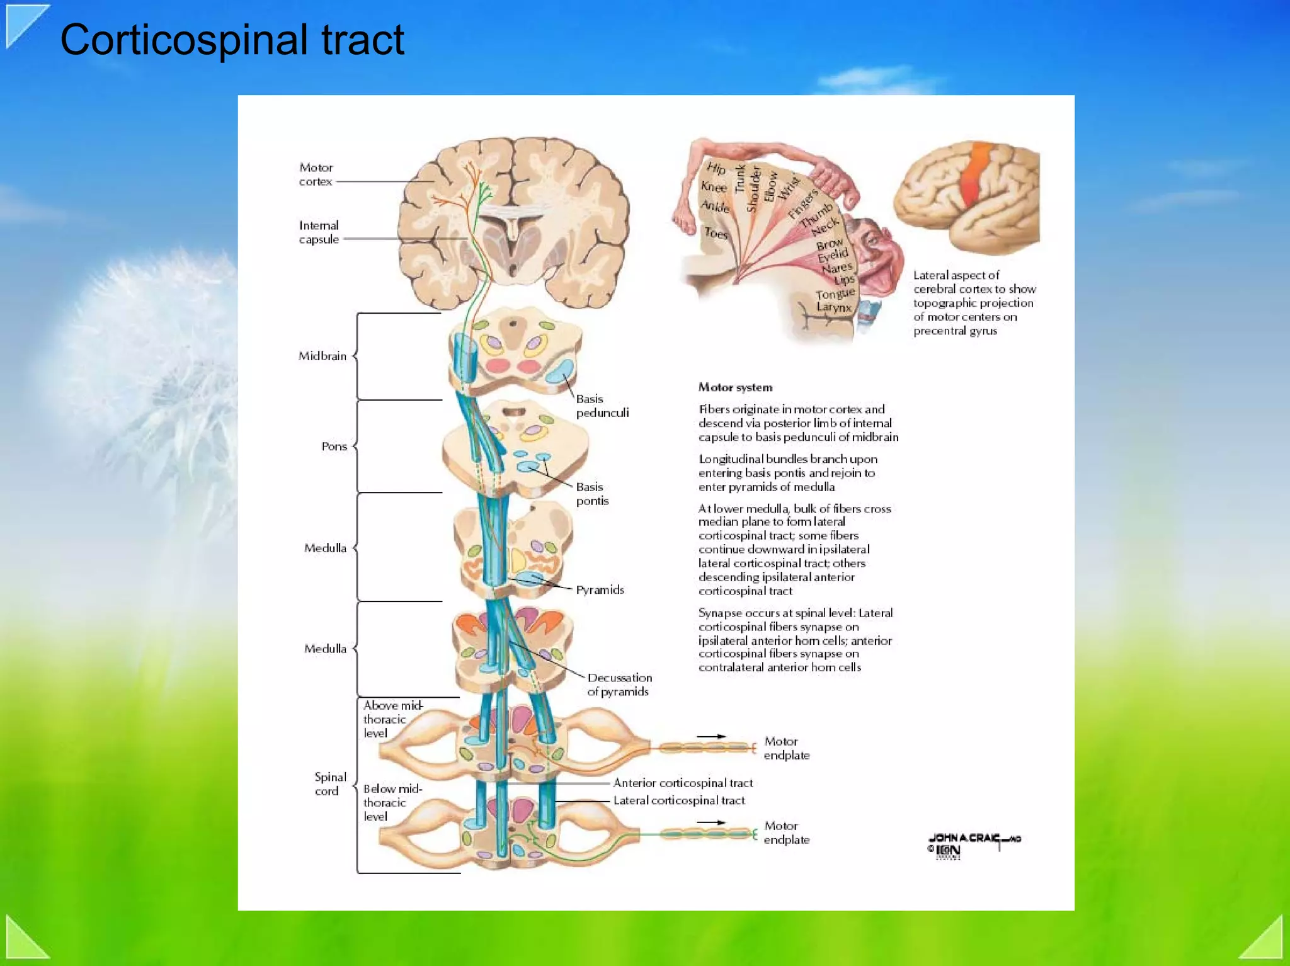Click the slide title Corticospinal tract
[232, 40]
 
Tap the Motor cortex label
[316, 174]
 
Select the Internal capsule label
[319, 232]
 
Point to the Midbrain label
[322, 356]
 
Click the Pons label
[334, 446]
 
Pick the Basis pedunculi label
[602, 406]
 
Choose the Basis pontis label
[592, 494]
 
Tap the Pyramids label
[600, 590]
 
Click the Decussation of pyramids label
[619, 685]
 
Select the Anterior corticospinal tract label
[683, 783]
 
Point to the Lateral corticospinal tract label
[679, 800]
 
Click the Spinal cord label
[329, 784]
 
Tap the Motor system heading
[735, 387]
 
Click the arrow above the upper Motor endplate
[711, 736]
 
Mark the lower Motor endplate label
[786, 832]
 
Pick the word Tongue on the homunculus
[835, 294]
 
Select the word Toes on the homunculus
[716, 233]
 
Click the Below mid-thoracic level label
[392, 802]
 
